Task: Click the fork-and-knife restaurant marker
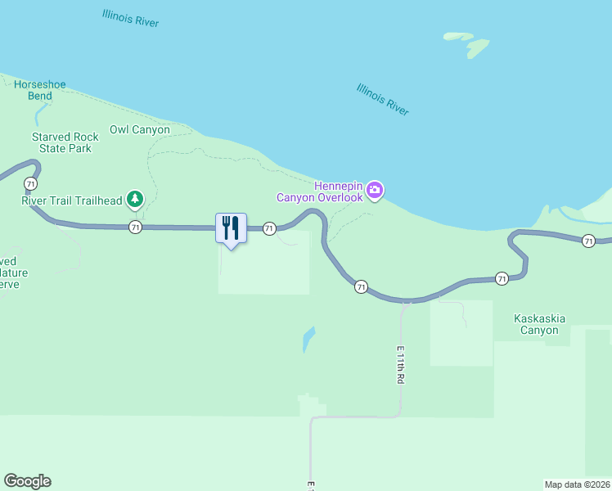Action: pyautogui.click(x=231, y=227)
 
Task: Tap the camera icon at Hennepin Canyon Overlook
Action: pyautogui.click(x=375, y=191)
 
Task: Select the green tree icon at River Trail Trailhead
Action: pyautogui.click(x=135, y=199)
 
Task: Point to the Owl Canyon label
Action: pyautogui.click(x=140, y=129)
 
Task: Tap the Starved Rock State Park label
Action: pyautogui.click(x=65, y=142)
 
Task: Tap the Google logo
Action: pyautogui.click(x=27, y=481)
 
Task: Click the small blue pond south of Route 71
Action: pyautogui.click(x=308, y=338)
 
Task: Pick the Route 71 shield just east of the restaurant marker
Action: pyautogui.click(x=269, y=229)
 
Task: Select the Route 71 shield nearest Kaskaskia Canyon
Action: pyautogui.click(x=502, y=279)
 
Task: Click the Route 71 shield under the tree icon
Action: pyautogui.click(x=136, y=227)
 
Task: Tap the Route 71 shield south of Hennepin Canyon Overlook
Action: pyautogui.click(x=361, y=286)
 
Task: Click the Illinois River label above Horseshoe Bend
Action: pyautogui.click(x=131, y=18)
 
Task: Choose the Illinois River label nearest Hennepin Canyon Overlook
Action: pyautogui.click(x=383, y=99)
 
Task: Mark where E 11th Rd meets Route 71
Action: pyautogui.click(x=405, y=301)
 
